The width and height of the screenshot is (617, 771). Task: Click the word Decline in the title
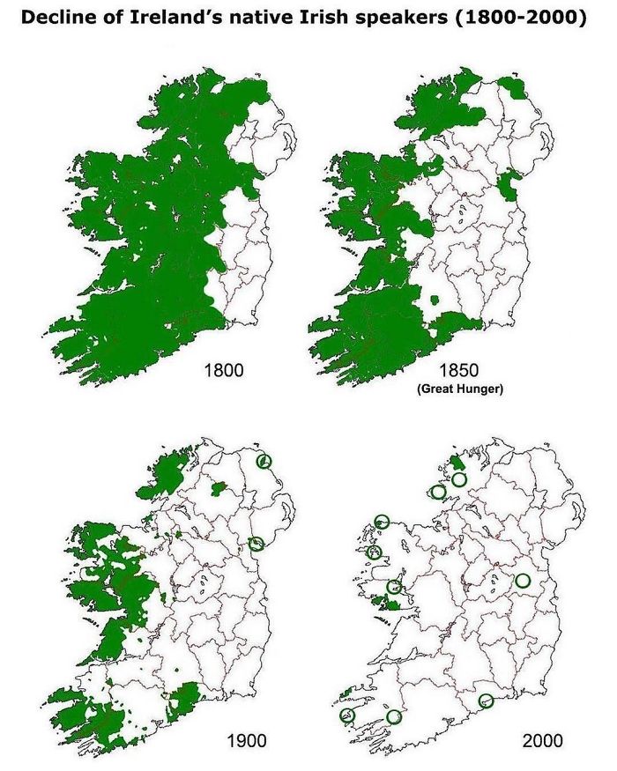(59, 18)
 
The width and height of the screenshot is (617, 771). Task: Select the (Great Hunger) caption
(459, 389)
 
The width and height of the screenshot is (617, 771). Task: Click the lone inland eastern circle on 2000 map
(523, 581)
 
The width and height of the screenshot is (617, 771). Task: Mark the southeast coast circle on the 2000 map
(486, 701)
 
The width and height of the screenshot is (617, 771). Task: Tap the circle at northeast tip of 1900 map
(263, 461)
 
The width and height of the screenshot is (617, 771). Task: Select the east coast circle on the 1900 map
(256, 544)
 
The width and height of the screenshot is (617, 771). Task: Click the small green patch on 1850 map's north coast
(509, 85)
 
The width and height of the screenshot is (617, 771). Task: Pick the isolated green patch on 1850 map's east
(509, 184)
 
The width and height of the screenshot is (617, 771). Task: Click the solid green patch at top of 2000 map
(457, 463)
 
